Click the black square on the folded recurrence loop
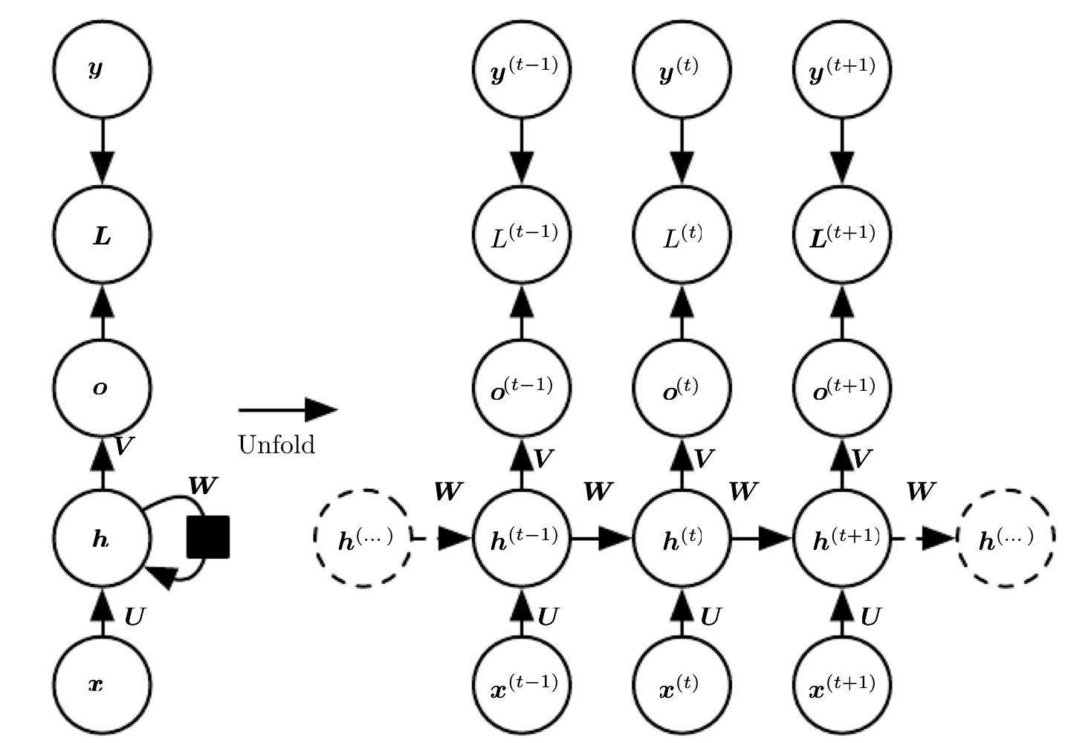tap(208, 536)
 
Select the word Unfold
tap(276, 444)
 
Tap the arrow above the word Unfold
tap(288, 409)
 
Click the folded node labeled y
tap(103, 69)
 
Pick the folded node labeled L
tap(103, 235)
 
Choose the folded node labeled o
tap(103, 388)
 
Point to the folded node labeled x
tap(103, 685)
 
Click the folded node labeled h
tap(103, 539)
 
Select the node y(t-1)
tap(522, 69)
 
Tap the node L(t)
tap(682, 235)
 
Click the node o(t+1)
tap(843, 388)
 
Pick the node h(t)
tap(682, 539)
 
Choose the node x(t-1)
tap(522, 685)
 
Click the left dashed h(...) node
tap(363, 539)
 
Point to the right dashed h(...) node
tap(1006, 539)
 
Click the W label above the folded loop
tap(204, 486)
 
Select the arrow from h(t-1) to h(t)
tap(602, 539)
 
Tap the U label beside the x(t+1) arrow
tap(871, 617)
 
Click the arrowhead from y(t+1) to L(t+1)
tap(843, 168)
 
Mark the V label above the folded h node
tap(123, 446)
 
